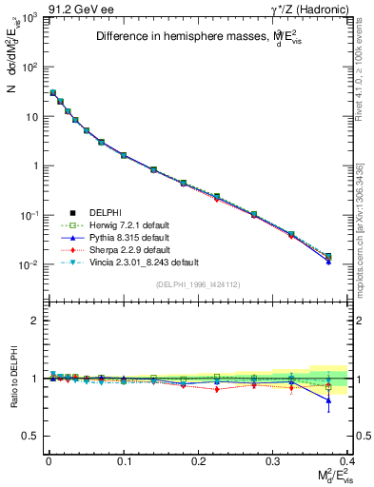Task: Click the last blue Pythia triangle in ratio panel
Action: pyautogui.click(x=328, y=400)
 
